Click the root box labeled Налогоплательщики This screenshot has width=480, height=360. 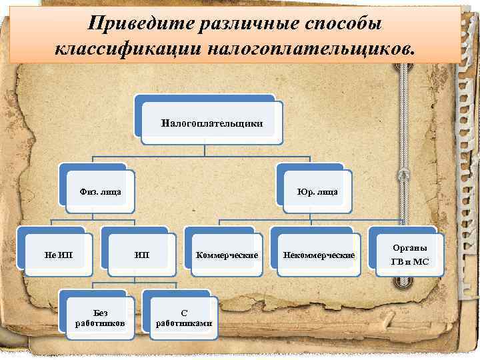212,123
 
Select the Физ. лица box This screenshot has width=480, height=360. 100,192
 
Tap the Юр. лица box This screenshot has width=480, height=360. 317,192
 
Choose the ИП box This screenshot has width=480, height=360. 142,255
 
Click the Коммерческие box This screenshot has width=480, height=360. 227,255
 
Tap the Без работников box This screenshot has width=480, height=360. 101,317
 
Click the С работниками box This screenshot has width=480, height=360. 184,317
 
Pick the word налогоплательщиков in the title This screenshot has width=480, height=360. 313,49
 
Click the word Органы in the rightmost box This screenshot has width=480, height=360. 410,247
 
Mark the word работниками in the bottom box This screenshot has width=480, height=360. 184,323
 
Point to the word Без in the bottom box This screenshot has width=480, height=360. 101,311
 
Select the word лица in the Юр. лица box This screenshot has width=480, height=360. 327,192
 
